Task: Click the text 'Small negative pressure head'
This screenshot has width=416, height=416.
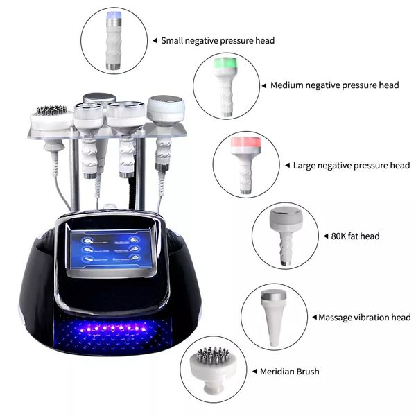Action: pyautogui.click(x=218, y=40)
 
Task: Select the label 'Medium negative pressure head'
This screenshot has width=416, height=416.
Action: pyautogui.click(x=334, y=85)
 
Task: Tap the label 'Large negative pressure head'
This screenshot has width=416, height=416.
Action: pyautogui.click(x=352, y=166)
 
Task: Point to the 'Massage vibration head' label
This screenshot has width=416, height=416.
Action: pyautogui.click(x=364, y=318)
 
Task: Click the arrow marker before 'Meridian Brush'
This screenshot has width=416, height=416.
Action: pyautogui.click(x=254, y=372)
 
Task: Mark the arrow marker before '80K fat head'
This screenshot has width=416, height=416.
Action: pyautogui.click(x=326, y=236)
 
